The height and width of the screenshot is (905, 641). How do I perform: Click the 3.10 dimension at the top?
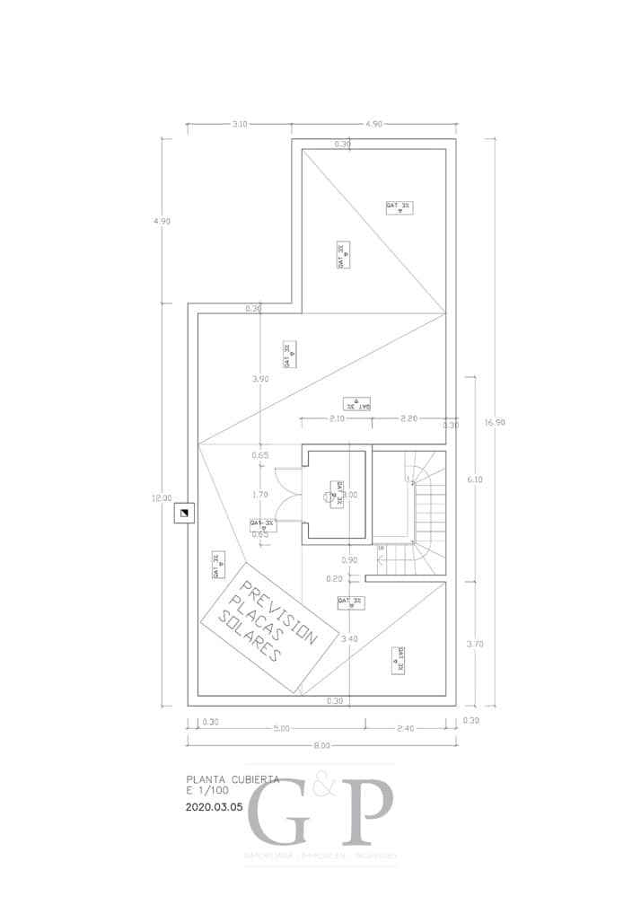pyautogui.click(x=239, y=124)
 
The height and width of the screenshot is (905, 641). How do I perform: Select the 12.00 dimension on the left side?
pyautogui.click(x=162, y=498)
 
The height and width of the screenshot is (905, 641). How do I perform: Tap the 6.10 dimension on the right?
pyautogui.click(x=476, y=479)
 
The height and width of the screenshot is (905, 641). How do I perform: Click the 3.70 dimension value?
pyautogui.click(x=476, y=644)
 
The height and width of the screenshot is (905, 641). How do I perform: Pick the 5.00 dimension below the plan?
pyautogui.click(x=282, y=728)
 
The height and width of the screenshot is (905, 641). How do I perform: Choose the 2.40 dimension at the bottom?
pyautogui.click(x=405, y=728)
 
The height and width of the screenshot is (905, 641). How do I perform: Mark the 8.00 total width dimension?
pyautogui.click(x=322, y=745)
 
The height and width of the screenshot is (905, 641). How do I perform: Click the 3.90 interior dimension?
pyautogui.click(x=260, y=379)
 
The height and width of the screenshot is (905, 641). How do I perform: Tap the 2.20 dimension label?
pyautogui.click(x=408, y=418)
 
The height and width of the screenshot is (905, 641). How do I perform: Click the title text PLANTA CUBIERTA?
pyautogui.click(x=233, y=779)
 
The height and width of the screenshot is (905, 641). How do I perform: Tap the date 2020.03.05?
pyautogui.click(x=214, y=807)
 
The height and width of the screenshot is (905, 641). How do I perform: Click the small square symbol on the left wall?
pyautogui.click(x=182, y=514)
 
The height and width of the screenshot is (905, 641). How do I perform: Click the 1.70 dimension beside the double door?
pyautogui.click(x=260, y=495)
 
